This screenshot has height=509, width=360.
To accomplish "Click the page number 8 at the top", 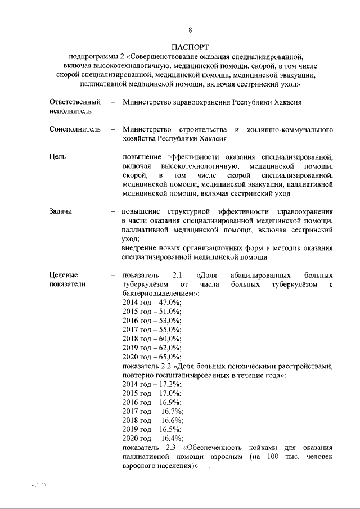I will [191, 30].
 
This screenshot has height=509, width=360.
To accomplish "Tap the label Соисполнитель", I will [75, 129].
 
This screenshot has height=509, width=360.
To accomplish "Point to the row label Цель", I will [58, 156].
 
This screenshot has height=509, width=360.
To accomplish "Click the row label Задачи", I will [61, 211].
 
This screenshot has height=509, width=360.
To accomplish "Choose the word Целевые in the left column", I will [64, 275].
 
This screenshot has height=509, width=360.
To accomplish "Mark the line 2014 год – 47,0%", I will [151, 303].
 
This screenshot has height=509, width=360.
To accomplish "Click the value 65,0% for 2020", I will [169, 357].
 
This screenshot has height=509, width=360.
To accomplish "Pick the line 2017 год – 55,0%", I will [151, 330].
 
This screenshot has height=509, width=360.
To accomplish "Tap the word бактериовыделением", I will [159, 294].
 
